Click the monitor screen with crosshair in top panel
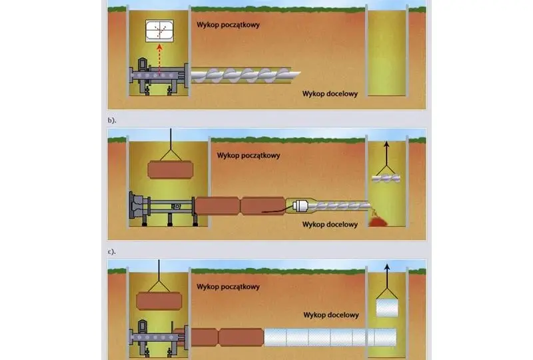159,31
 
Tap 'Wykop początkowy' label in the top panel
228,25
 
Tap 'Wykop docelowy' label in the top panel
330,94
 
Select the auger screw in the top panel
246,75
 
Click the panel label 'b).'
112,120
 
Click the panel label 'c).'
112,251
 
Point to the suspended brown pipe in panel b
171,170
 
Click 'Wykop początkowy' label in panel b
249,155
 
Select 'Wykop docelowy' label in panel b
330,225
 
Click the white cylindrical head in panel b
300,205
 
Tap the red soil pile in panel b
378,222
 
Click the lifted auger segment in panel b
386,178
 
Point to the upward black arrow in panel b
386,153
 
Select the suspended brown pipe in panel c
159,301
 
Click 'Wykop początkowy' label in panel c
228,287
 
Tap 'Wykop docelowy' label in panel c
331,315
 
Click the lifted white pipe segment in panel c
387,307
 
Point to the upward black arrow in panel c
386,275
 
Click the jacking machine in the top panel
159,77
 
